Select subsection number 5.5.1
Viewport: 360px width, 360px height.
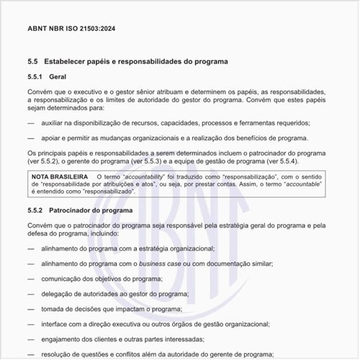click(x=36, y=76)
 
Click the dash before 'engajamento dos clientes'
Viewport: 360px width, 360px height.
click(x=31, y=338)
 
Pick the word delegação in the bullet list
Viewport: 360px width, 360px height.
click(x=60, y=293)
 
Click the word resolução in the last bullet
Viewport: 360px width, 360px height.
click(x=60, y=354)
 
